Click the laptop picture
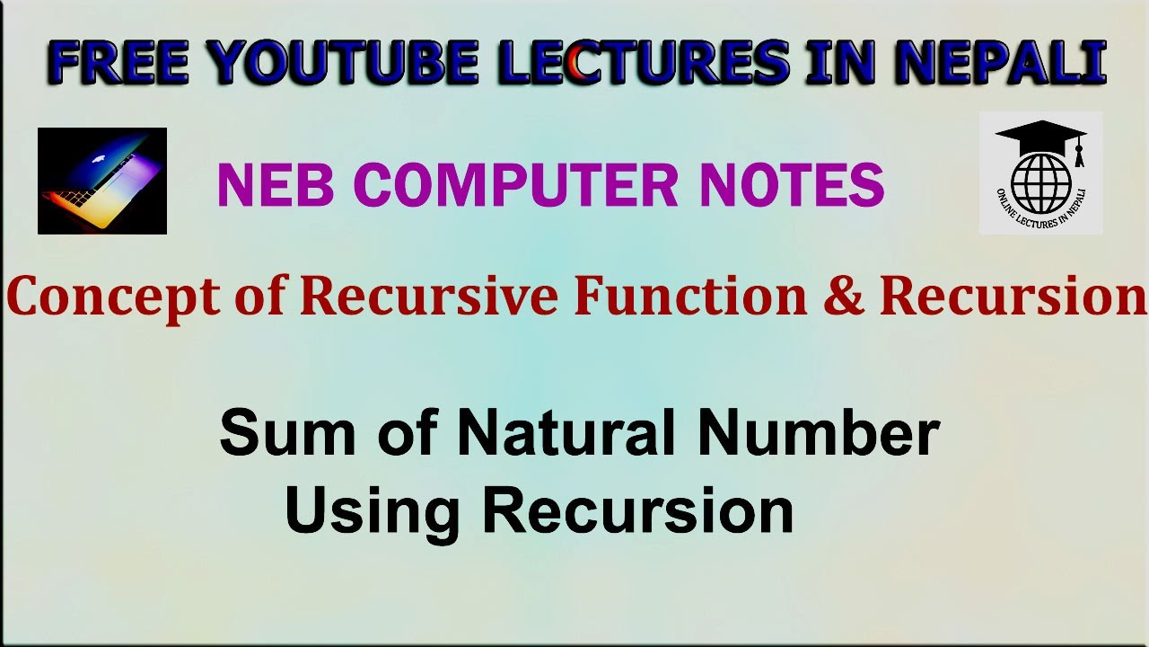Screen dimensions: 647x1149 [x=102, y=181]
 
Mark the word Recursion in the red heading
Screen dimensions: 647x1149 [x=1013, y=296]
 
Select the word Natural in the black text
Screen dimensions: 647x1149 [x=566, y=432]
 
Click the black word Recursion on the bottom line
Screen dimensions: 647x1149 [x=638, y=510]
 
